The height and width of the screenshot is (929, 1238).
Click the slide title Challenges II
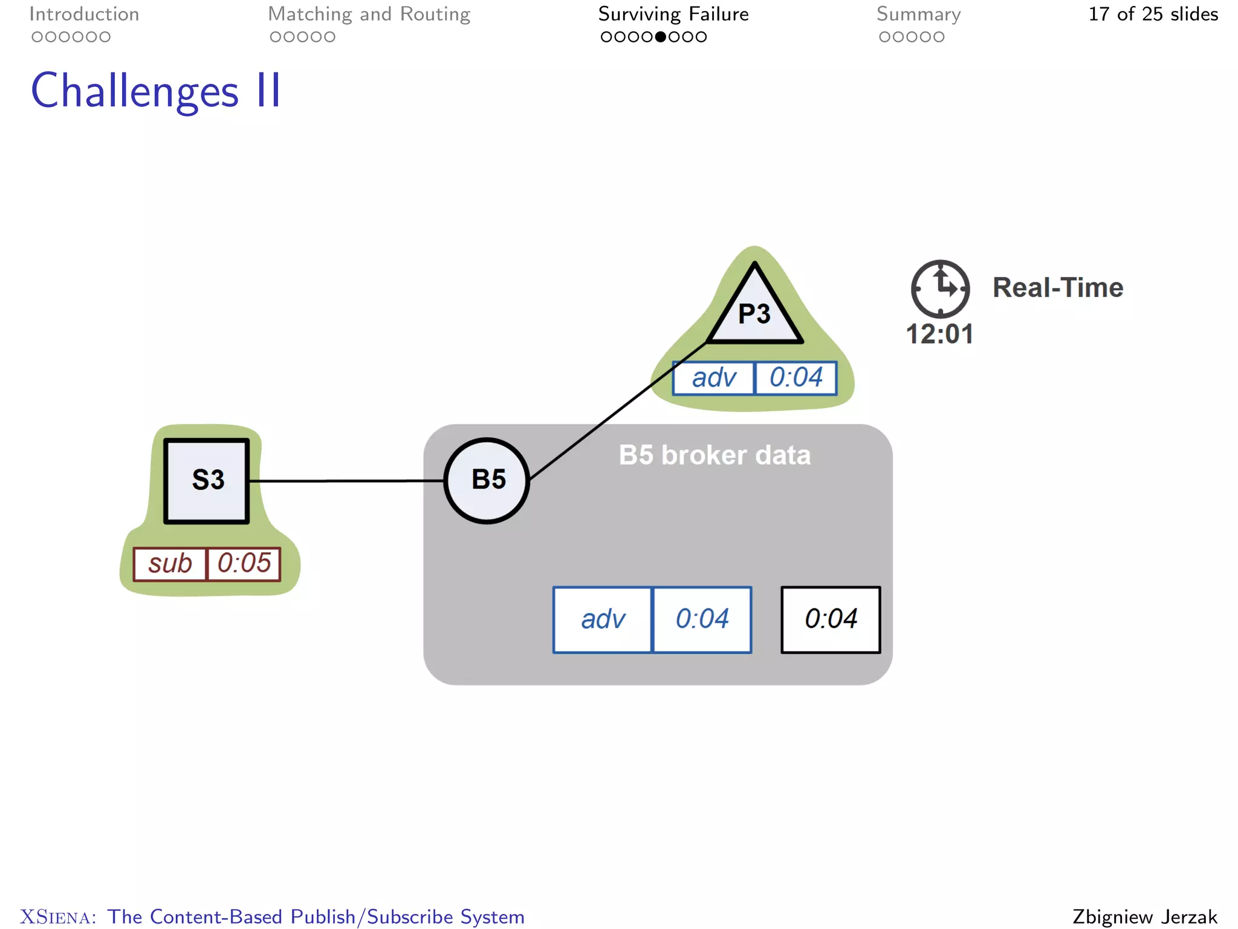[156, 91]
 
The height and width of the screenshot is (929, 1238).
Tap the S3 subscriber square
[207, 480]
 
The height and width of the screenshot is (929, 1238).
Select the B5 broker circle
[487, 480]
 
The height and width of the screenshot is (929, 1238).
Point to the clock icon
[940, 288]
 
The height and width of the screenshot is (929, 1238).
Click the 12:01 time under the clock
[939, 334]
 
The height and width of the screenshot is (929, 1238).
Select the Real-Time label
[1057, 287]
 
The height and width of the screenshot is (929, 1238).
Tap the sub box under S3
[170, 564]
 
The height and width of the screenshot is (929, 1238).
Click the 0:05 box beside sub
[244, 564]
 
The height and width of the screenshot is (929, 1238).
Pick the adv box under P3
[714, 378]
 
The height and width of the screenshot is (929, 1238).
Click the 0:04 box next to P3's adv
[796, 378]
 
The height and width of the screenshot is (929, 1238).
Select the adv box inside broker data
[603, 619]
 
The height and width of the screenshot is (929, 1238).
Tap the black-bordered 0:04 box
[831, 619]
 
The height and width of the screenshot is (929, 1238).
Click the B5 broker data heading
[715, 455]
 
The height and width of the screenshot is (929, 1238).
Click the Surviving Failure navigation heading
[673, 14]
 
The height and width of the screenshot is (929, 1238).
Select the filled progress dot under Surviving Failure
[660, 37]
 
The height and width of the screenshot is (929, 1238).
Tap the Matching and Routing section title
[369, 14]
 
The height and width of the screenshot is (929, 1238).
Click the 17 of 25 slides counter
[1153, 14]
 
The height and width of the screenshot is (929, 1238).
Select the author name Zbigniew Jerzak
[1144, 916]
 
